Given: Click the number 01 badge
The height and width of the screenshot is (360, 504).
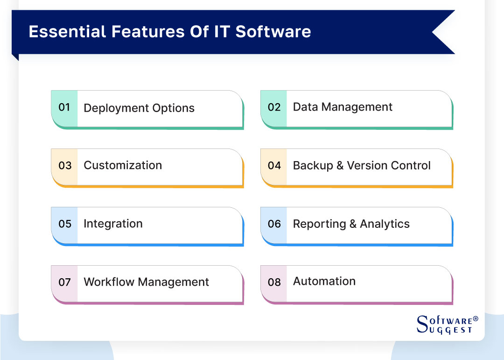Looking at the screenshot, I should pyautogui.click(x=64, y=107).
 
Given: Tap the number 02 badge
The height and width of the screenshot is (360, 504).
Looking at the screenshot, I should pyautogui.click(x=274, y=107).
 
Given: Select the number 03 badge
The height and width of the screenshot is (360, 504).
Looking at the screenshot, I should pyautogui.click(x=64, y=166).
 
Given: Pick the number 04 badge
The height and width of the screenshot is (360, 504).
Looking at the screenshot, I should pyautogui.click(x=274, y=166).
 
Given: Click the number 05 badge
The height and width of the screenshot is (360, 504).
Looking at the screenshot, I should pyautogui.click(x=64, y=224).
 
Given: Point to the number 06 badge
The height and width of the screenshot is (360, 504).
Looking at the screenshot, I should pyautogui.click(x=274, y=224).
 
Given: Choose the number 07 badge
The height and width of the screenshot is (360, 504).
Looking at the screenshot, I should pyautogui.click(x=64, y=282).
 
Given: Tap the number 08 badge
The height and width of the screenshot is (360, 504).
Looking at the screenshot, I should pyautogui.click(x=274, y=282).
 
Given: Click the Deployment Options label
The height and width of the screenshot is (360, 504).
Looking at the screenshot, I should pyautogui.click(x=139, y=108).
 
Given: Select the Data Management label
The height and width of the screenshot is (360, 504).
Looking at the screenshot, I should pyautogui.click(x=343, y=107).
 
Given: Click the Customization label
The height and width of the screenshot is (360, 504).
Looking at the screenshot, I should pyautogui.click(x=123, y=165).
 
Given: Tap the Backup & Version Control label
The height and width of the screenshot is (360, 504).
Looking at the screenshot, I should pyautogui.click(x=362, y=166).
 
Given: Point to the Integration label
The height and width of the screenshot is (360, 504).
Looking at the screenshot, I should pyautogui.click(x=113, y=224).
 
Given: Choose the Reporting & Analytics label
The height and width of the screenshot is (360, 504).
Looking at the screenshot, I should pyautogui.click(x=351, y=224).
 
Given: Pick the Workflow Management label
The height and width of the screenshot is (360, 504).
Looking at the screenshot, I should pyautogui.click(x=146, y=282).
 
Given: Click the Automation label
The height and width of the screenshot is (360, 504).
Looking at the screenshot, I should pyautogui.click(x=324, y=282).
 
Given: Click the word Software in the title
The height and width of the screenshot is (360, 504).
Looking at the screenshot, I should pyautogui.click(x=273, y=31).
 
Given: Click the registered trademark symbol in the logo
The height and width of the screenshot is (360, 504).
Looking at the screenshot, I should pyautogui.click(x=476, y=319).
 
